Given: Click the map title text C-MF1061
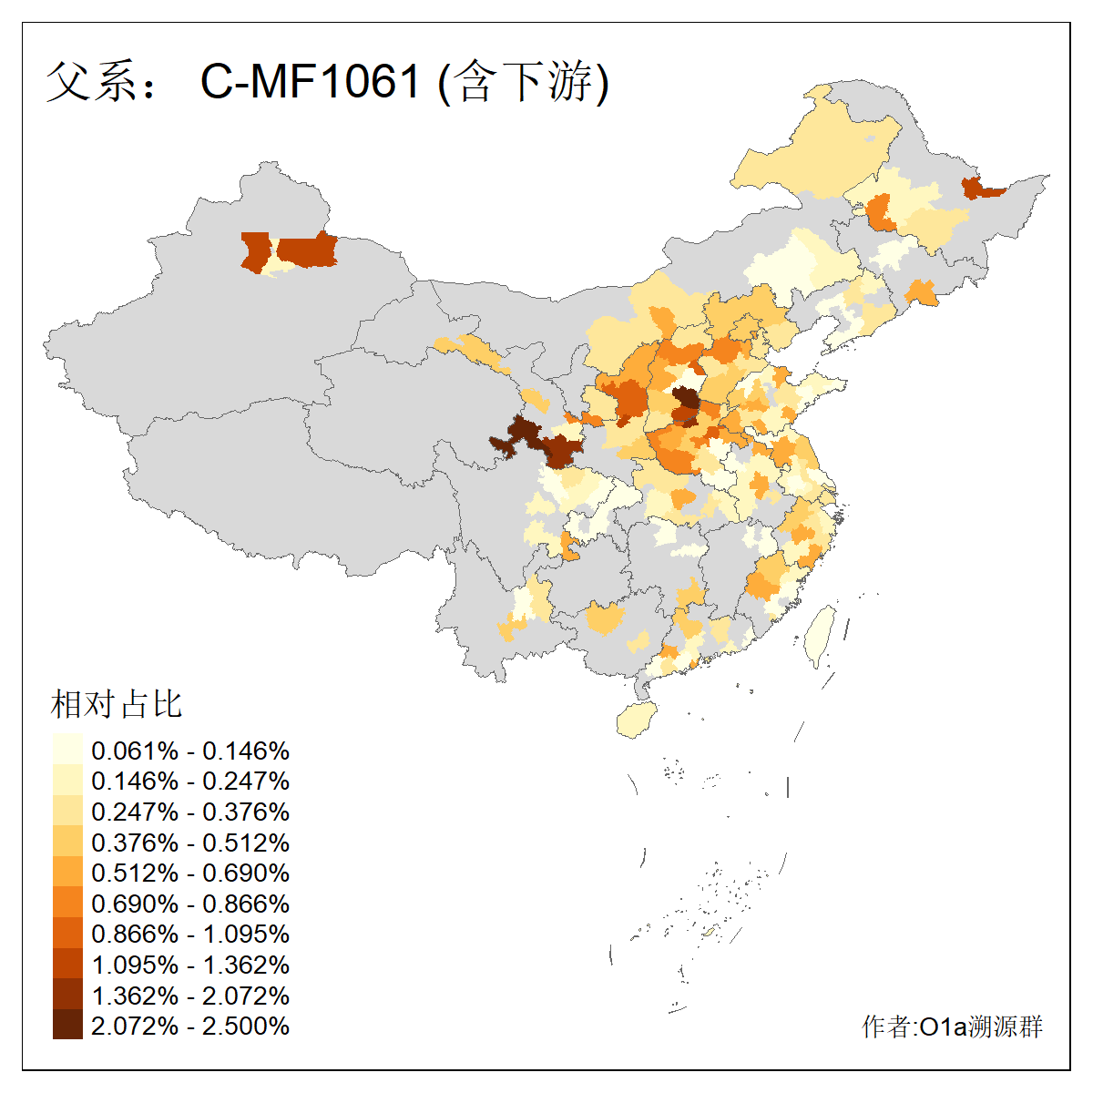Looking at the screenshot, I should [x=311, y=82].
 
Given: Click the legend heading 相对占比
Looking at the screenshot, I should [x=117, y=704].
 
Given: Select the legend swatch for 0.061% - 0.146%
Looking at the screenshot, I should [x=67, y=751].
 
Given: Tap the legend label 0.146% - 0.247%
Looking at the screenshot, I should [x=190, y=781].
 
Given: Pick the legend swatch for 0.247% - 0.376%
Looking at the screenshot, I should [x=67, y=812].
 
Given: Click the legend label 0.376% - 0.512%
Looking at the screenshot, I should [x=190, y=843].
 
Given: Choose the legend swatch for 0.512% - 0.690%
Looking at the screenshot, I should [x=67, y=873].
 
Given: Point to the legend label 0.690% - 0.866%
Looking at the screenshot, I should [x=190, y=904].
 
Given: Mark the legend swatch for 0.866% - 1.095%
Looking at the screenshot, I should [x=67, y=934].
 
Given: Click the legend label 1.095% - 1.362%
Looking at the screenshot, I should [x=190, y=965].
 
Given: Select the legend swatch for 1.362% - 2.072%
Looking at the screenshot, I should [x=67, y=995].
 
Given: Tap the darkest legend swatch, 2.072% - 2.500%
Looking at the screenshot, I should [x=67, y=1026].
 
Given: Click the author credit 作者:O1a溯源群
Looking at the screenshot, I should [x=952, y=1027].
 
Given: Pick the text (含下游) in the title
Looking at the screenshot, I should [x=523, y=82].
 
